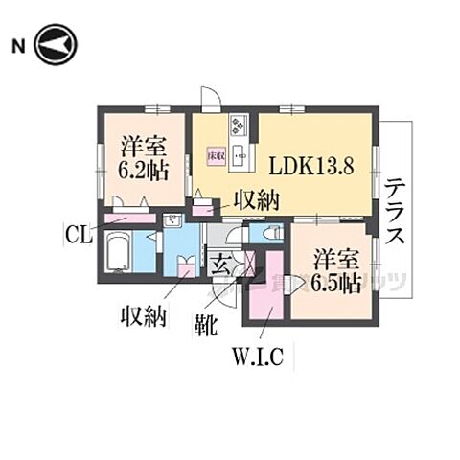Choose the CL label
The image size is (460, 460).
pos(80,232)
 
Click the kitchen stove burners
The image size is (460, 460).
pos(239,126)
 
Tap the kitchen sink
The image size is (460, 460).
pos(240,153)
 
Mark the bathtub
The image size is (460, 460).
pos(117,255)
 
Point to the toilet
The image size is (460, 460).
pos(268,233)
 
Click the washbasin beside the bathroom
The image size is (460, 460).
pos(174,221)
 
